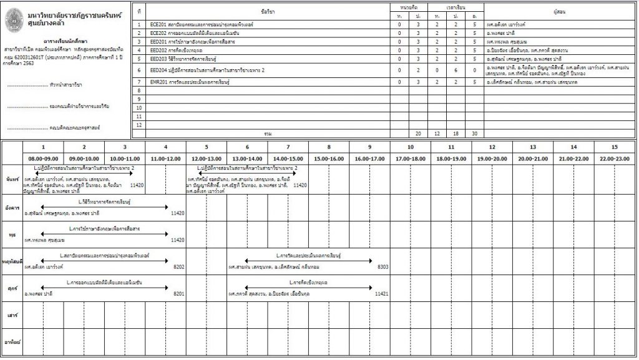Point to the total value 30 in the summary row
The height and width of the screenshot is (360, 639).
[x=475, y=134]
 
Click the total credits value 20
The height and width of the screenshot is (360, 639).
[x=418, y=134]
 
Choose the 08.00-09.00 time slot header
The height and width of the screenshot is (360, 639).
[x=43, y=158]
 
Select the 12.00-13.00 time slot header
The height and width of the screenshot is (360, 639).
[x=206, y=158]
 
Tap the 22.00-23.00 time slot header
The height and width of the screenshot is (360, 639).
[x=614, y=158]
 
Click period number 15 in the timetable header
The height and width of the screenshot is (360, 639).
[x=614, y=147]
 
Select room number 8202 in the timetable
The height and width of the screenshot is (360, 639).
[x=178, y=266]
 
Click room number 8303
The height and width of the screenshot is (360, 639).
[x=383, y=266]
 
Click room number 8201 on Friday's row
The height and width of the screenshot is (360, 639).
[x=178, y=293]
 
